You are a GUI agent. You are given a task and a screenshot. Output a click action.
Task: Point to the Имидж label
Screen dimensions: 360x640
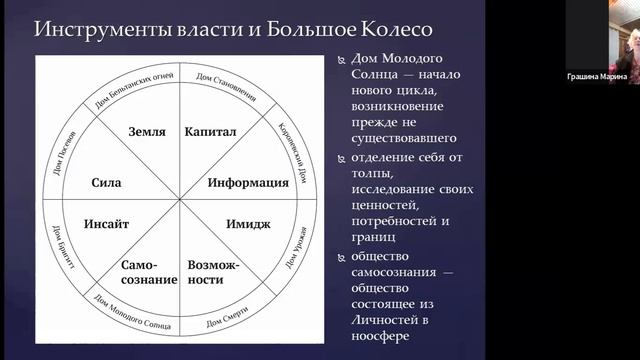[x=248, y=224]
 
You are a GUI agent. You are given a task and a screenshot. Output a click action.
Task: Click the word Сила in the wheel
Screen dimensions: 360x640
[x=106, y=184]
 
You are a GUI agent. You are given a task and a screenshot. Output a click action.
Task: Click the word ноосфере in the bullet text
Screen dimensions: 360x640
[x=384, y=322]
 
